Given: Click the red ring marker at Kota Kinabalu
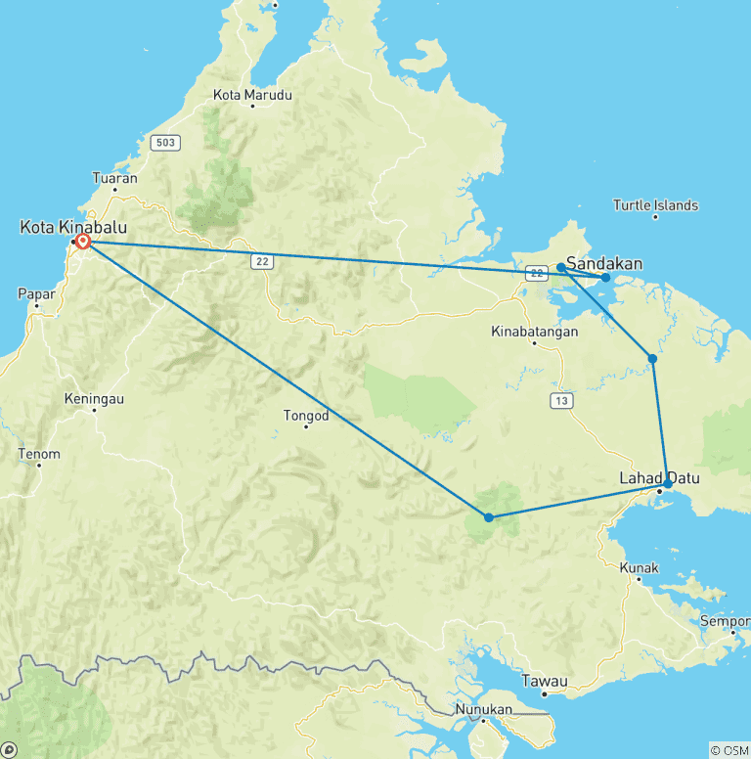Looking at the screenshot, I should [83, 241].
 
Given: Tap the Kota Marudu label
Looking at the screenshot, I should [252, 95].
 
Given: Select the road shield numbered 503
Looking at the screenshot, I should [165, 143].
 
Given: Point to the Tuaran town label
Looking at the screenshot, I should [113, 178].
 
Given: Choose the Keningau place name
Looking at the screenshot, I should [94, 399].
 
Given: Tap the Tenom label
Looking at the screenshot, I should [39, 454].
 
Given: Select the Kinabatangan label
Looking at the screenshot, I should [535, 332].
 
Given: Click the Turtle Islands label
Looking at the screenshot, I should [655, 205].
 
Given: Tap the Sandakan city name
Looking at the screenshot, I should [604, 263].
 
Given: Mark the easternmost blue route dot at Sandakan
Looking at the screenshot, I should [605, 278].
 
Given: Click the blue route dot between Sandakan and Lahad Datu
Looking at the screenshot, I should [652, 359].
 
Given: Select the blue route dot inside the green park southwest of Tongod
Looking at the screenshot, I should [488, 516].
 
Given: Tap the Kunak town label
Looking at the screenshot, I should [640, 568].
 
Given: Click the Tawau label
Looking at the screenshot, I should [545, 680].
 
